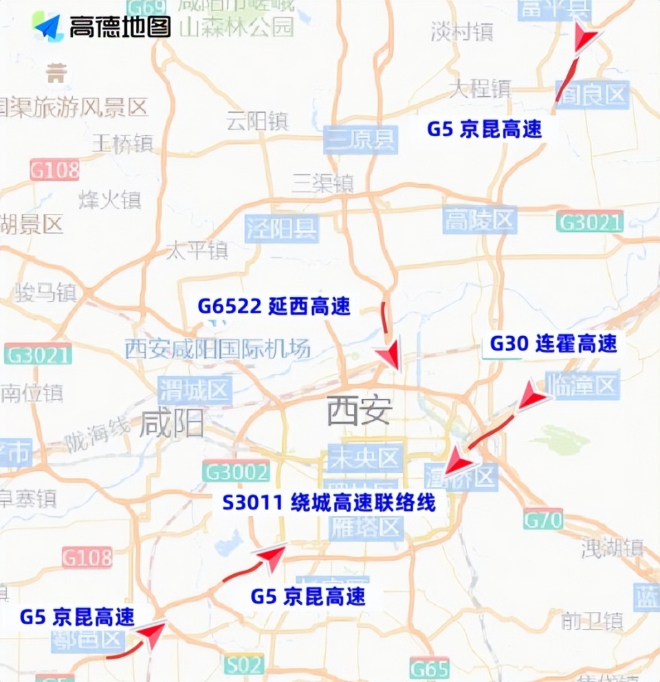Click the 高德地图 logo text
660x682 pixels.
pyautogui.click(x=119, y=26)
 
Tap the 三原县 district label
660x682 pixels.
pyautogui.click(x=360, y=140)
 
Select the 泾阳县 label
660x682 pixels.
pyautogui.click(x=282, y=228)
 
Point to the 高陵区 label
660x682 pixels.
pyautogui.click(x=480, y=221)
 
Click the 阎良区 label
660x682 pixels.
pyautogui.click(x=592, y=94)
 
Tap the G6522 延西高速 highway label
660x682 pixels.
pyautogui.click(x=274, y=306)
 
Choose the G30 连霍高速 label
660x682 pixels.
pyautogui.click(x=553, y=344)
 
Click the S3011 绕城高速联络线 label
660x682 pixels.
pyautogui.click(x=329, y=503)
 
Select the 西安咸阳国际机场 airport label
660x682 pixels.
pyautogui.click(x=218, y=349)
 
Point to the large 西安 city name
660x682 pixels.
pyautogui.click(x=359, y=411)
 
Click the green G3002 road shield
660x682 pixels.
pyautogui.click(x=236, y=472)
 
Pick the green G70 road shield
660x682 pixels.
pyautogui.click(x=543, y=519)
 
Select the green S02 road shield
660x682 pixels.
pyautogui.click(x=243, y=665)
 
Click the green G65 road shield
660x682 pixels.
pyautogui.click(x=429, y=668)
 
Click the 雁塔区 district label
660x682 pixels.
pyautogui.click(x=364, y=528)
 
